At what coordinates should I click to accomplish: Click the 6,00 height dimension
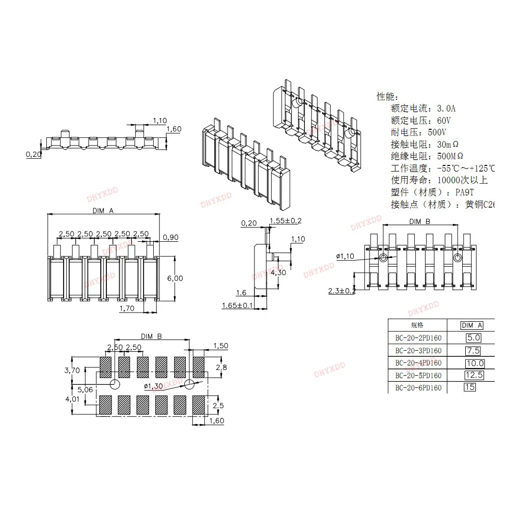coord(175,278)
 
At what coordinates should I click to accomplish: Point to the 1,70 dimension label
coord(126,308)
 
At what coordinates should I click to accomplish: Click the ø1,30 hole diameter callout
coord(154,387)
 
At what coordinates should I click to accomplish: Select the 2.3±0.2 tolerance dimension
coord(341,291)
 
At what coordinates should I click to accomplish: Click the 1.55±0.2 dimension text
coord(287,220)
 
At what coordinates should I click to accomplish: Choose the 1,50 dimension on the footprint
coord(221,346)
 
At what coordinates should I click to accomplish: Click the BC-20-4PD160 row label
coord(418,363)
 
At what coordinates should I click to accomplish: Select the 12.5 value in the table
coord(473,375)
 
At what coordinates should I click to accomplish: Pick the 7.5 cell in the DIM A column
coord(473,350)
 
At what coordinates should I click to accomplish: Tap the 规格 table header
coord(417,325)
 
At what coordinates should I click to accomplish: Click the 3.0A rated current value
coord(447,108)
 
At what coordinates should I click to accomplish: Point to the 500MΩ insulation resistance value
coord(450,156)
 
